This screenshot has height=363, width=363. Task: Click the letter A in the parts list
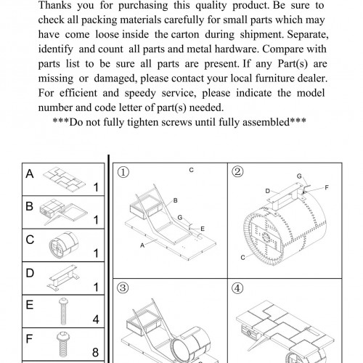[x=30, y=174]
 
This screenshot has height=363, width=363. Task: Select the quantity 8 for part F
[x=95, y=352]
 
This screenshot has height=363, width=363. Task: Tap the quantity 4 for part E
[x=96, y=319]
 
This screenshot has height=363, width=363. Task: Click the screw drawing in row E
[x=63, y=311]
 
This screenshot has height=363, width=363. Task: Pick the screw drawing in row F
[x=63, y=344]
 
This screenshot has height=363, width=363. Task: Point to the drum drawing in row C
[x=64, y=245]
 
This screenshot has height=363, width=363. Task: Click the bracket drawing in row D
[x=63, y=277]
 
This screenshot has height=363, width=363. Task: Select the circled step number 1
[x=123, y=172]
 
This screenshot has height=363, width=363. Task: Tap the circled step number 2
[x=237, y=172]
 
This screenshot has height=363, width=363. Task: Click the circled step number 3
[x=123, y=288]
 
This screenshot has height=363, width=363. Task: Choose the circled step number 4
[x=237, y=288]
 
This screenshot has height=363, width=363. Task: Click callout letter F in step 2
[x=327, y=187]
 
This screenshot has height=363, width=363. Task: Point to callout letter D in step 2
[x=267, y=191]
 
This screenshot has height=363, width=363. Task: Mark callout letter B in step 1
[x=176, y=200]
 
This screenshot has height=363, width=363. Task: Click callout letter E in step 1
[x=203, y=229]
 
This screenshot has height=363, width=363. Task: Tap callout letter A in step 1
[x=142, y=245]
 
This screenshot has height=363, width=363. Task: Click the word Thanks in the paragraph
[x=55, y=5]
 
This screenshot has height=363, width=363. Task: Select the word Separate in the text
[x=308, y=35]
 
